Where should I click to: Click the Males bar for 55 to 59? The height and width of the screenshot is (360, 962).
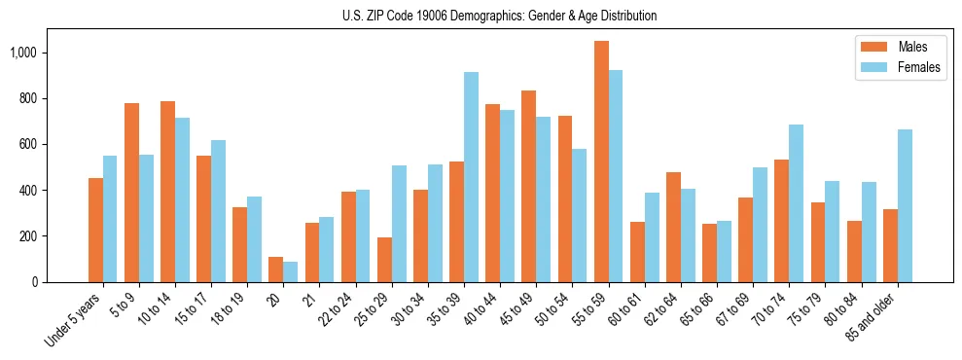[x=601, y=162]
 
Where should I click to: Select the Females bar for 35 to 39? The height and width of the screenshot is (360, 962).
[x=471, y=177]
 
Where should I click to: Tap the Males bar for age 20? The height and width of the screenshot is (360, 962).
[x=275, y=270]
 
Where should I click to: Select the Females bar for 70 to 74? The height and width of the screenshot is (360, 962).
[x=797, y=203]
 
